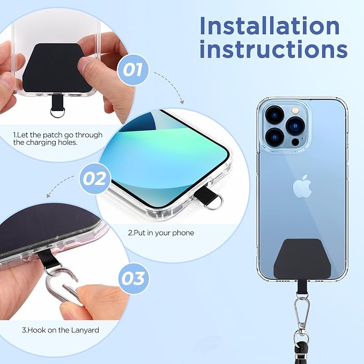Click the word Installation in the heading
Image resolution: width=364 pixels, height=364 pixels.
(x=270, y=26)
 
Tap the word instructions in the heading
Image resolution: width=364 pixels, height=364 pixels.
(x=274, y=49)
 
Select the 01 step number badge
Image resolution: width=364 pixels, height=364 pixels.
(x=132, y=70)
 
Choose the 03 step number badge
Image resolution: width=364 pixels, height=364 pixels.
(x=133, y=278)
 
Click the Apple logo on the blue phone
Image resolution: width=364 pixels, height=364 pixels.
(x=302, y=186)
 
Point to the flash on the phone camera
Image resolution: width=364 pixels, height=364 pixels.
(x=295, y=109)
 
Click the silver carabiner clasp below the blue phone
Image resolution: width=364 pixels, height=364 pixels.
(x=302, y=312)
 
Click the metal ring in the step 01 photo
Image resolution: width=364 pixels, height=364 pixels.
(x=57, y=113)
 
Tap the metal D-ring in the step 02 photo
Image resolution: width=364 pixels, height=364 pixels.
(x=213, y=201)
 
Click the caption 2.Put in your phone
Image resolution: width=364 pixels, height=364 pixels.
(x=161, y=233)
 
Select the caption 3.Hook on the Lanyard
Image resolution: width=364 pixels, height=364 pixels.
(x=61, y=330)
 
